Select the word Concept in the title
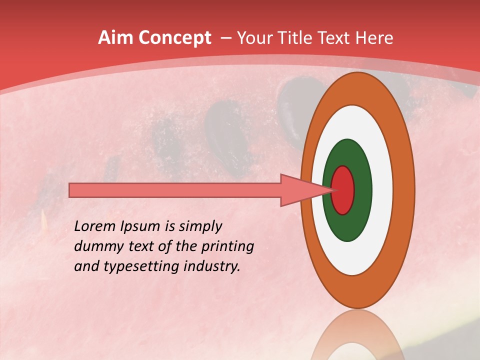point(174,38)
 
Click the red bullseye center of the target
point(343,190)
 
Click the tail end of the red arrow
point(72,190)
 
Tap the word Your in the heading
point(254,38)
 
